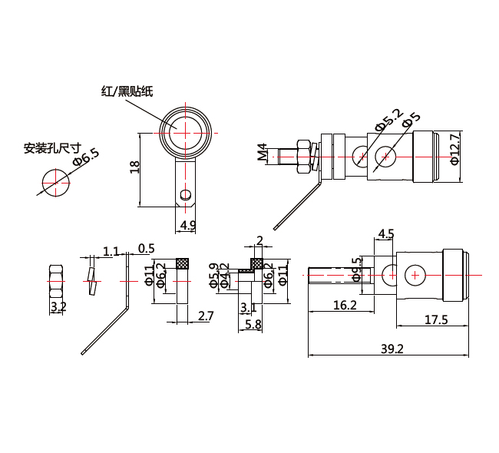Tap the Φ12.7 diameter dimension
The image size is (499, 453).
point(454,149)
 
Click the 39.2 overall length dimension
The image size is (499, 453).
point(392,349)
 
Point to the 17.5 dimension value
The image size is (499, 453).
point(435,319)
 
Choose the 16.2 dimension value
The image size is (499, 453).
point(344,305)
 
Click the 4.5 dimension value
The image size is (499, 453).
point(385,233)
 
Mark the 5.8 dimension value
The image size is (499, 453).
point(253,325)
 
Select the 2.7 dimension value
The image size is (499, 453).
point(206,316)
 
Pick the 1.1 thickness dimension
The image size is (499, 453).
point(111,251)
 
